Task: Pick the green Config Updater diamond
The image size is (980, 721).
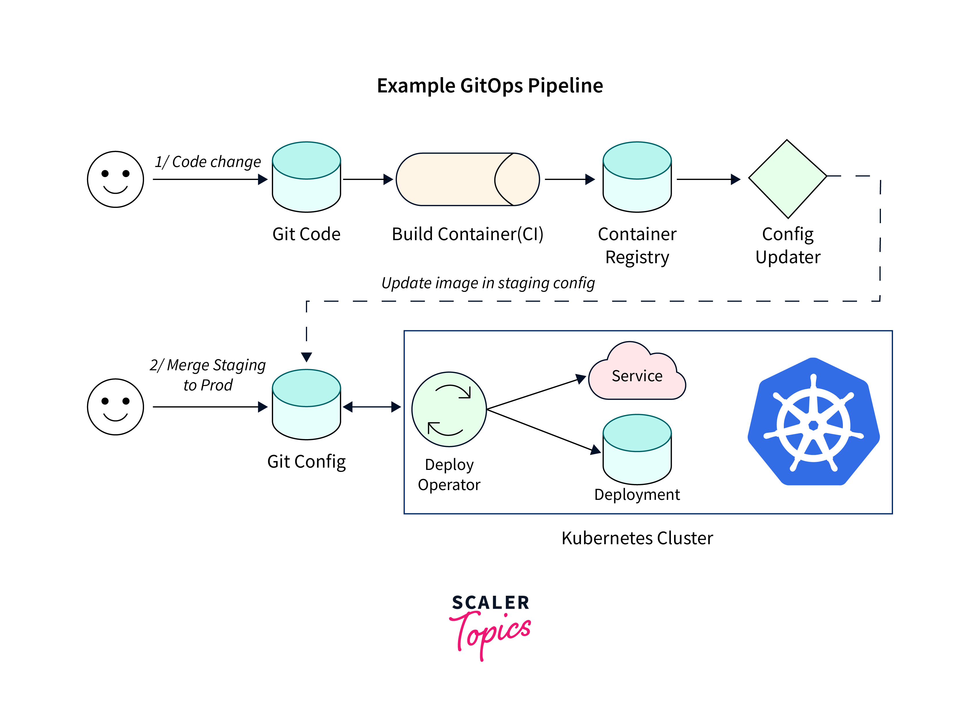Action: (x=788, y=179)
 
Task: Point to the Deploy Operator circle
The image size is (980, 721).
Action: (x=449, y=409)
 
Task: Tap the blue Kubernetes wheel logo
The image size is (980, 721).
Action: (x=813, y=422)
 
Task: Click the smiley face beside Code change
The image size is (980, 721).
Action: (x=115, y=179)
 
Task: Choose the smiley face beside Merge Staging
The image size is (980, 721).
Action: (x=115, y=407)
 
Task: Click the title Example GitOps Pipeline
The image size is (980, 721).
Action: (x=490, y=86)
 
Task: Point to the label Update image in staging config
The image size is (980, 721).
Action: (x=488, y=283)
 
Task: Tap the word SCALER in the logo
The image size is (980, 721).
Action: (x=491, y=603)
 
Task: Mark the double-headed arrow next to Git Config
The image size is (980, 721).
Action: (x=372, y=407)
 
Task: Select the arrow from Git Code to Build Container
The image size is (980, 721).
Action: (x=368, y=179)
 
